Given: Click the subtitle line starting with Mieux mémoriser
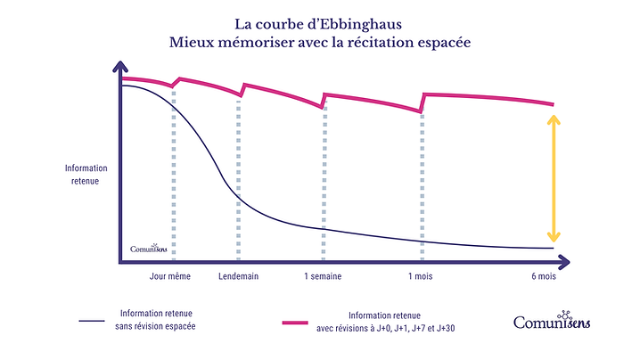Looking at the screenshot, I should click(x=319, y=41).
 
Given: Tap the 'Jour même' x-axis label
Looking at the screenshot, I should click(x=172, y=277).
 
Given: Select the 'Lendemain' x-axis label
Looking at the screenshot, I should click(x=238, y=277).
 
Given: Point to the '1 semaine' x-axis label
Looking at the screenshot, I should click(x=323, y=277).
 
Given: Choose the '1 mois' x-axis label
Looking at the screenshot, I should click(x=421, y=277).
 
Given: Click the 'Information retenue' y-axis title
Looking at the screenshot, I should click(x=86, y=174).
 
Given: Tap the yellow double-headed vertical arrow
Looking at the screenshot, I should click(x=554, y=178).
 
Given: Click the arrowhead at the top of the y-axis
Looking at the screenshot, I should click(x=119, y=69).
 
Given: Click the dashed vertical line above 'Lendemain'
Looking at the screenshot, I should click(x=239, y=178).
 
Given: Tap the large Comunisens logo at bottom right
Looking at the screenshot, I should click(x=553, y=321).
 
